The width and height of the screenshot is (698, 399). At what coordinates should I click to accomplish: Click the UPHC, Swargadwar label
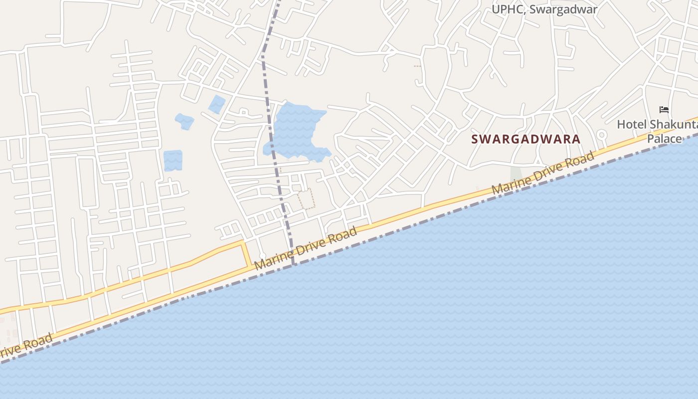tap(544, 9)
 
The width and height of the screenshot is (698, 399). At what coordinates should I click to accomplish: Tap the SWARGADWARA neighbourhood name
tap(526, 139)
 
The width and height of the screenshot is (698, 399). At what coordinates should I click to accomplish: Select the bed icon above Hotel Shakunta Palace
tap(664, 110)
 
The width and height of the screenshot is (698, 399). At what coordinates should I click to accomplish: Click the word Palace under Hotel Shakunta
tap(664, 138)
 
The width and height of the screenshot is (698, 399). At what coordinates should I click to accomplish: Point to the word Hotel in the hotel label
tap(632, 124)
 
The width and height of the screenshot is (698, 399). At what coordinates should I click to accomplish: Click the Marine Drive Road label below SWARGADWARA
tap(543, 174)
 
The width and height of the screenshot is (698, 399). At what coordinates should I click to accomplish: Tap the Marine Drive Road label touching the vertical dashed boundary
tap(306, 248)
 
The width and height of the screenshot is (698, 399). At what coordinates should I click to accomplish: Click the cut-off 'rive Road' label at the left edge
tap(25, 346)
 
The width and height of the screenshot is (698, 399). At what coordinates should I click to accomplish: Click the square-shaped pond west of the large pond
tap(173, 161)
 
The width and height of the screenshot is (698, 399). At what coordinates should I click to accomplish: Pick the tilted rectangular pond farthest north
tap(217, 104)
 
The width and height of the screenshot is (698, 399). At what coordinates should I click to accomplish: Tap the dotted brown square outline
tap(307, 199)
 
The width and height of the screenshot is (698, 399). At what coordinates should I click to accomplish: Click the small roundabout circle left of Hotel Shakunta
tap(602, 134)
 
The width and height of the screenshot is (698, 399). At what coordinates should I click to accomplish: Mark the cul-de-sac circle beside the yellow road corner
tap(263, 256)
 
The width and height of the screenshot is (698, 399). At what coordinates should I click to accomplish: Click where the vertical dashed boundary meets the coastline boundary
tap(294, 264)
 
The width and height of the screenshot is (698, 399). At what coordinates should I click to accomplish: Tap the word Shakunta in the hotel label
tap(673, 124)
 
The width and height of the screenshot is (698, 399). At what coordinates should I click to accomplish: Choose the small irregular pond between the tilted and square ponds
tap(184, 122)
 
